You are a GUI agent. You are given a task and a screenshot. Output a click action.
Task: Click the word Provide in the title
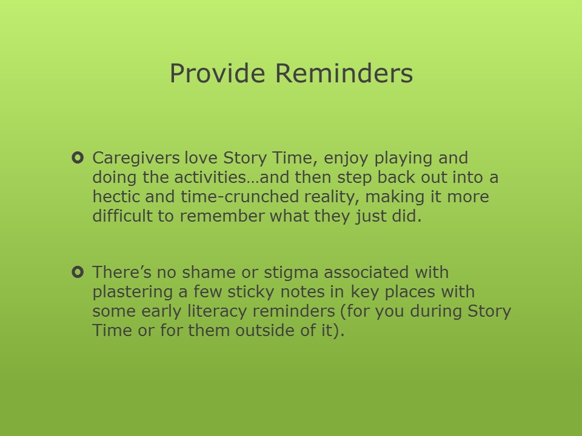coord(218,73)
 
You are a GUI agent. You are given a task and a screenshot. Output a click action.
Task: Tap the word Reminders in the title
coord(344,73)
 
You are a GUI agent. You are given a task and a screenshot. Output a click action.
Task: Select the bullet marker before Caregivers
coord(78,158)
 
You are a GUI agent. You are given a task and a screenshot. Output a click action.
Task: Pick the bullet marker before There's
coord(78,272)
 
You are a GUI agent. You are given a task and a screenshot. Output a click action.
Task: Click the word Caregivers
coord(136,158)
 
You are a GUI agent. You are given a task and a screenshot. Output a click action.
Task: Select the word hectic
coord(116,196)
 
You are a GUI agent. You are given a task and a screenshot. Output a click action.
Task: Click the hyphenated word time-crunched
coord(240,196)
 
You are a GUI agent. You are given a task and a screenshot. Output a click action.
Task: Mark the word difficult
coord(122,216)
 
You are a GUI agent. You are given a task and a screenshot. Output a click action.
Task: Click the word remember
coord(222,216)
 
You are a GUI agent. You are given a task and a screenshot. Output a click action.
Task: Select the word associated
coord(366,272)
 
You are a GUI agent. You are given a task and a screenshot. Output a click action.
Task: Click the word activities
coord(210,177)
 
